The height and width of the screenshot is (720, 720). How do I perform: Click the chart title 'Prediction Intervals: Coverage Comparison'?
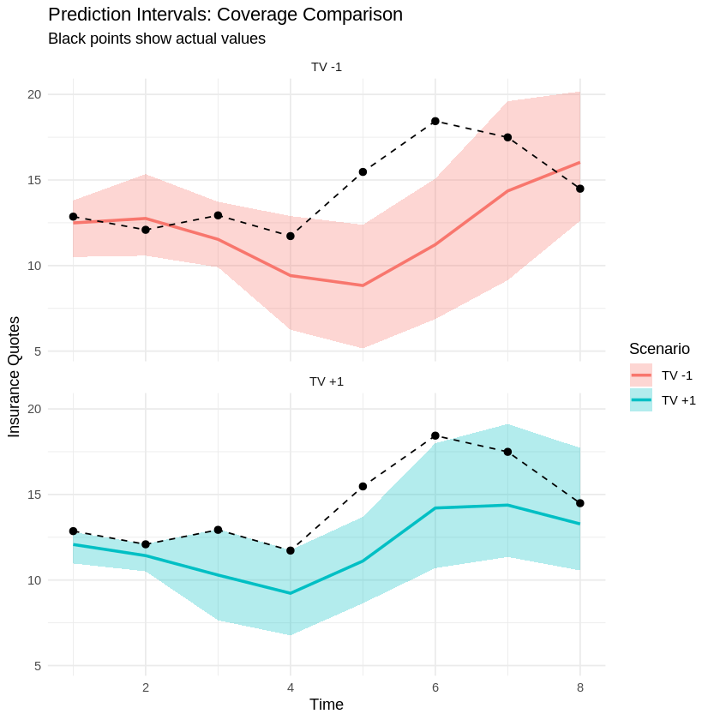click(x=225, y=15)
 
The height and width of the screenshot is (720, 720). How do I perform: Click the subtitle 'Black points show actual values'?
click(x=157, y=39)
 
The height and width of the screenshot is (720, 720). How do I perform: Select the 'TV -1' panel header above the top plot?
click(x=327, y=67)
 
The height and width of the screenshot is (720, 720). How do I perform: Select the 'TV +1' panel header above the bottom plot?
click(x=327, y=381)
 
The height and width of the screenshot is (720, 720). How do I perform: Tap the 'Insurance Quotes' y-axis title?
click(x=14, y=376)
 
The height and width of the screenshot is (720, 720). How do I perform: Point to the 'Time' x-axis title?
click(x=327, y=705)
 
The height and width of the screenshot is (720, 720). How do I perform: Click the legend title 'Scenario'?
click(x=659, y=349)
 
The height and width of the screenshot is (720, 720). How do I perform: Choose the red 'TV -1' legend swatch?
click(x=641, y=375)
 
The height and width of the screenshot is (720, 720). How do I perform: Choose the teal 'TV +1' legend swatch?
click(x=641, y=399)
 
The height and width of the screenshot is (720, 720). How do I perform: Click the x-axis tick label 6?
click(x=435, y=687)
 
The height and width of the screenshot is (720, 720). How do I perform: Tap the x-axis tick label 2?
click(x=146, y=687)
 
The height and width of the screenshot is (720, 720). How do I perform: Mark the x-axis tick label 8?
click(x=580, y=687)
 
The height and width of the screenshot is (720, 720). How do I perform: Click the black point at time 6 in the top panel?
click(x=435, y=121)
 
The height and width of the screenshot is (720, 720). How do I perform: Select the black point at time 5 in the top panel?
click(x=363, y=172)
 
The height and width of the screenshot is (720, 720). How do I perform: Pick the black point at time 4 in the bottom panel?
click(x=291, y=550)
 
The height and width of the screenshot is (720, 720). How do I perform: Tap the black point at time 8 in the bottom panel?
click(x=580, y=503)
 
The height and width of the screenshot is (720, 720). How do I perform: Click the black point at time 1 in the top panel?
click(x=73, y=217)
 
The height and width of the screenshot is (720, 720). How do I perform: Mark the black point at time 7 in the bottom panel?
click(x=507, y=452)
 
